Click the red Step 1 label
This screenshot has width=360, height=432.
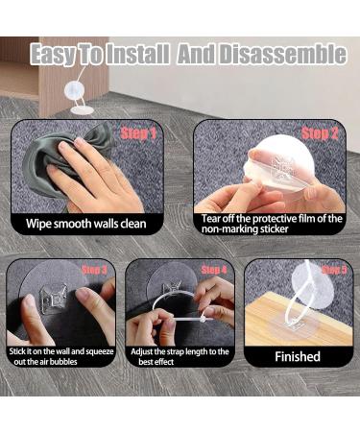pyautogui.click(x=138, y=133)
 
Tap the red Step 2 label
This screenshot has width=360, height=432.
pyautogui.click(x=320, y=133)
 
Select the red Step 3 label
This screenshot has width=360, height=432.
pyautogui.click(x=94, y=270)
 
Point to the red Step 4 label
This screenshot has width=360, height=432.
pyautogui.click(x=214, y=270)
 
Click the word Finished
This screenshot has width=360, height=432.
pyautogui.click(x=298, y=356)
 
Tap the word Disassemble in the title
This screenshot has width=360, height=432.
pyautogui.click(x=280, y=55)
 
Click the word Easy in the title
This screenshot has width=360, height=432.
pyautogui.click(x=53, y=55)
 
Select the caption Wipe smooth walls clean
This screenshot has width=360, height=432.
pyautogui.click(x=86, y=224)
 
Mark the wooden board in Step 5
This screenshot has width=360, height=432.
pyautogui.click(x=298, y=324)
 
